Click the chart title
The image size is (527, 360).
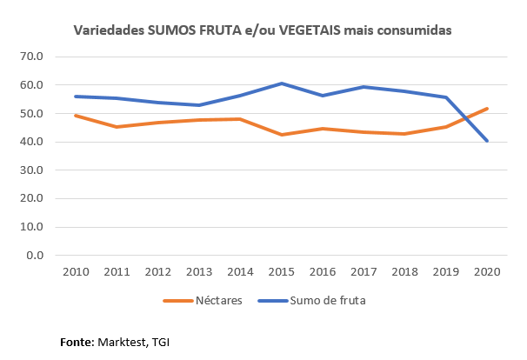pos(262,30)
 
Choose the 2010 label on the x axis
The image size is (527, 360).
pos(75,271)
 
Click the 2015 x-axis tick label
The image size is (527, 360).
pos(280,271)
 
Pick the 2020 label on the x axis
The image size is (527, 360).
pos(485,271)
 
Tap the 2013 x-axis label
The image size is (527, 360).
pos(198,271)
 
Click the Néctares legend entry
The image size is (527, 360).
pos(202,301)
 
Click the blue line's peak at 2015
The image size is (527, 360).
pos(280,83)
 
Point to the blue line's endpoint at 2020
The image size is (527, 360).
pos(485,141)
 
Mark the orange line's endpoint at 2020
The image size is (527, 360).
pos(485,109)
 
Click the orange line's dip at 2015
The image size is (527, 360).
pos(280,135)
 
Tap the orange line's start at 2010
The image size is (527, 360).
pos(75,116)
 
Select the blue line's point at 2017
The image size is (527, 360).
pos(363,87)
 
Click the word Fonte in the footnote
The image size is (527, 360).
pos(75,342)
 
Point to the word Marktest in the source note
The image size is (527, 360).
pos(121,342)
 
